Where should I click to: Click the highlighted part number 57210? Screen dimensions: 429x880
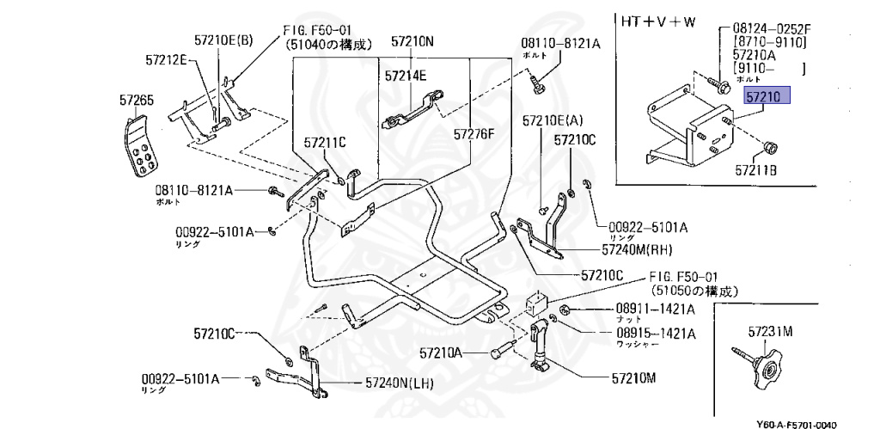point(764,98)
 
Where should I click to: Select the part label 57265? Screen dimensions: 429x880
point(137,101)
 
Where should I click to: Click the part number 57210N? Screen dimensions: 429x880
point(412,40)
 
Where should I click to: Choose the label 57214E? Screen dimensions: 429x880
point(406,76)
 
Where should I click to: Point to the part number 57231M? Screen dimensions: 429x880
point(769,330)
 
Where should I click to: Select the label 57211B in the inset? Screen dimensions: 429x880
point(755,171)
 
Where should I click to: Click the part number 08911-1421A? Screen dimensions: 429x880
point(656,309)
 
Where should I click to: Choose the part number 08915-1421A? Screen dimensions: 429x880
point(656,333)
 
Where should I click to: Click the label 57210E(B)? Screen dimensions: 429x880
point(223,40)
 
